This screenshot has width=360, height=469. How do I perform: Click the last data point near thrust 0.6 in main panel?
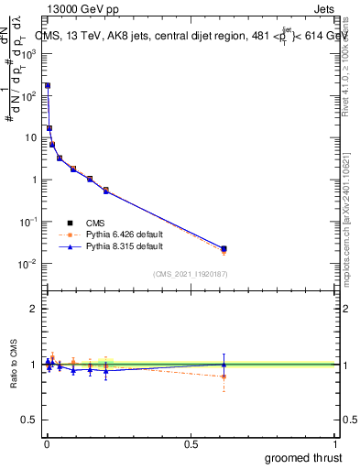point(224,248)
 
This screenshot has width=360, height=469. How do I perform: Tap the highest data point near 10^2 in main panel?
point(48,85)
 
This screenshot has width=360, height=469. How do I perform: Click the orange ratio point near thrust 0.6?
point(224,376)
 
